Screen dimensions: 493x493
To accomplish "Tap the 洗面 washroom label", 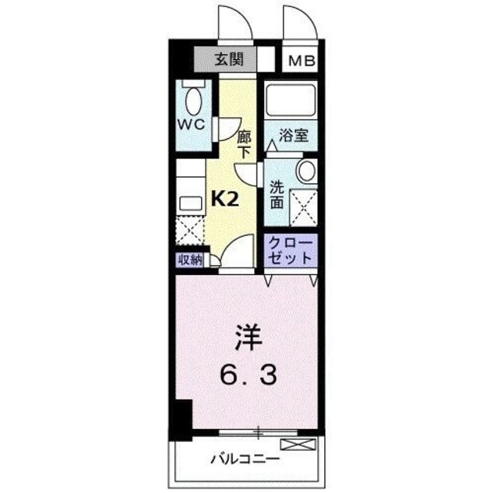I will (276, 193).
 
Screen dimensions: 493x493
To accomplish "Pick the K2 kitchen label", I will (224, 199).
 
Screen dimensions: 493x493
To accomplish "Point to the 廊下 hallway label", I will (244, 144).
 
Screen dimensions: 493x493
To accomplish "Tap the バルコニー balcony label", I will (246, 460).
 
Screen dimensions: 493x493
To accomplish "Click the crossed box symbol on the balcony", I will (298, 444).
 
